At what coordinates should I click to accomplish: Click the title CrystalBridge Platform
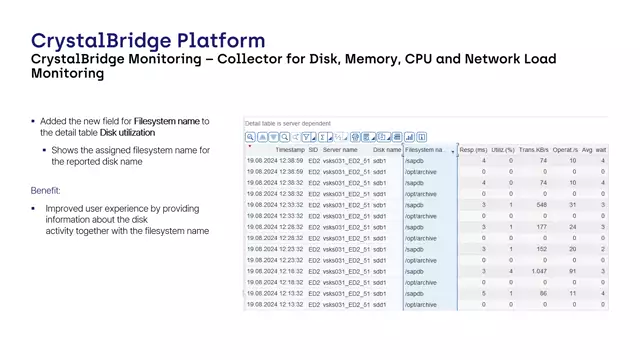coord(148,41)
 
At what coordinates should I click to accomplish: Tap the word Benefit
coord(46,190)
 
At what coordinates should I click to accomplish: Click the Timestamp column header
coord(290,149)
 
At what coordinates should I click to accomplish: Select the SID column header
coord(313,149)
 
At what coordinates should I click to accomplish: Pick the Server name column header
coord(339,149)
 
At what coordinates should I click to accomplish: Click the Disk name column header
coord(387,149)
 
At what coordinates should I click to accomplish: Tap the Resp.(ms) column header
coord(472,149)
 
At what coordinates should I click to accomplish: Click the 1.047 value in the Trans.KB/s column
coord(538,271)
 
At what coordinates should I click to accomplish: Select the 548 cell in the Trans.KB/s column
coord(541,205)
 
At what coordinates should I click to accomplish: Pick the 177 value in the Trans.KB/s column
coord(541,227)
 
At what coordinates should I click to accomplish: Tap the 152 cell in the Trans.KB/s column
coord(541,249)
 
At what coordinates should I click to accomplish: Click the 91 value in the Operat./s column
coord(572,271)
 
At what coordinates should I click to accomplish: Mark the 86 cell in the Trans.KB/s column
coord(543,294)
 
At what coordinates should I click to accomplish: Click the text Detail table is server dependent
coord(285,124)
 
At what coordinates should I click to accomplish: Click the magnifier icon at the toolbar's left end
coord(251,137)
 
